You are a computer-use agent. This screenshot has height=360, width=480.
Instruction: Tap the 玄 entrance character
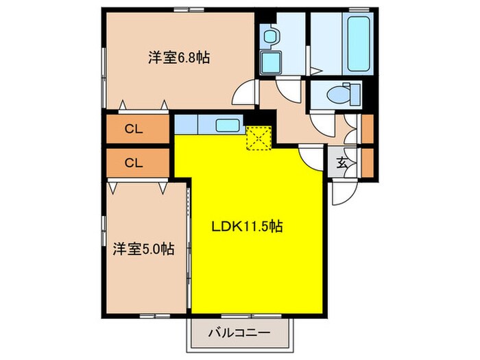click(x=341, y=163)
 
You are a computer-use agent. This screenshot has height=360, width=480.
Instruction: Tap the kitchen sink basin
click(x=227, y=125)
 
